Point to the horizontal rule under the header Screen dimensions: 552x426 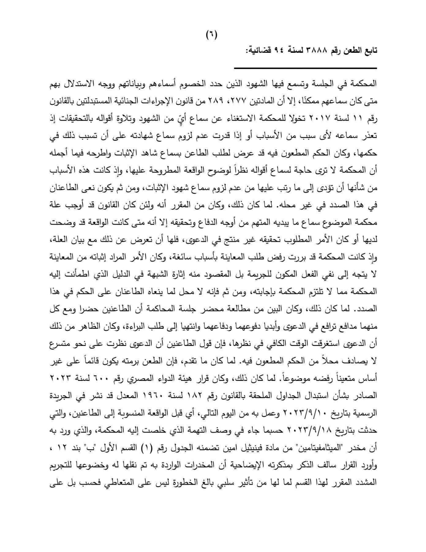coord(306,68)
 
